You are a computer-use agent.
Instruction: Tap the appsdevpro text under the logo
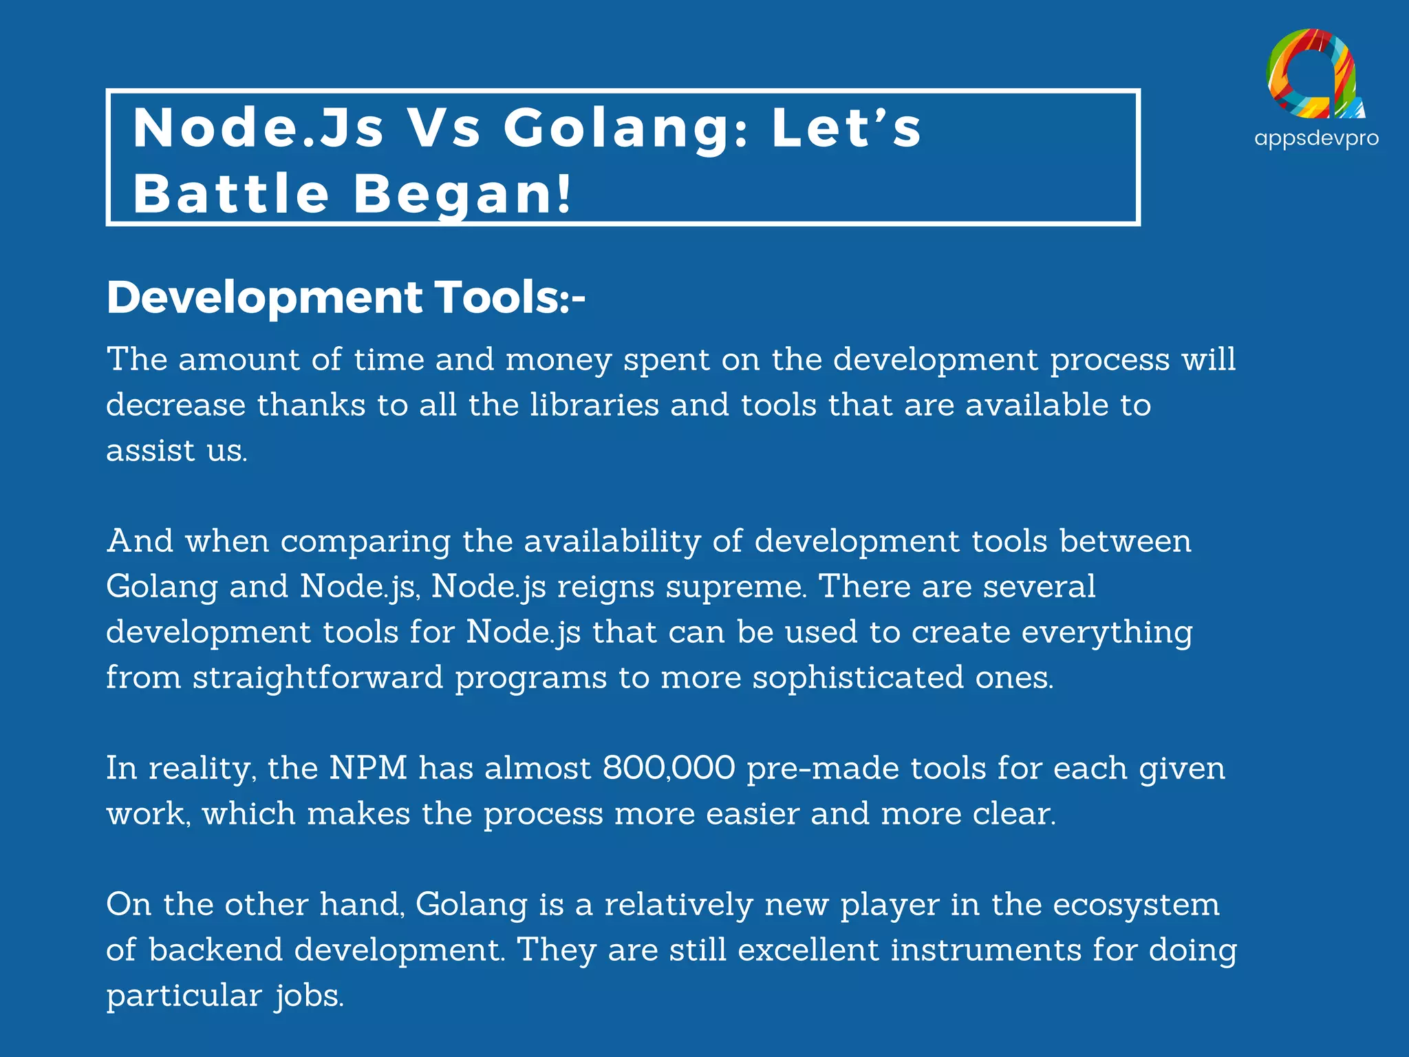point(1316,138)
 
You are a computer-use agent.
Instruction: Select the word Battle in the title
point(231,193)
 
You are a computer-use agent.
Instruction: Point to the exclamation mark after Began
point(564,193)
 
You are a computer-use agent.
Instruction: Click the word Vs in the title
point(444,129)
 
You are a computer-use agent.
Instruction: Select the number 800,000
point(669,768)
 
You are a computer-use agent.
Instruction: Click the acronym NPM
point(369,768)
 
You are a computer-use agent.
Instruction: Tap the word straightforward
point(318,678)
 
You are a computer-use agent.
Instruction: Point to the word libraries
point(594,405)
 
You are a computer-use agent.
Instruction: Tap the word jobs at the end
point(309,996)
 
